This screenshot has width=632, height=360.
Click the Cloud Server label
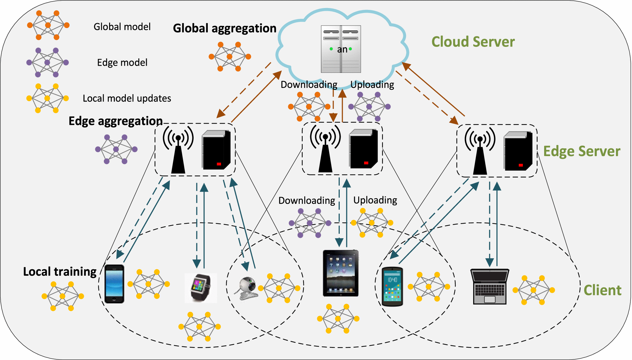pos(473,42)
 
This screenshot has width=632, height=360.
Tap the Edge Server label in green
pos(581,151)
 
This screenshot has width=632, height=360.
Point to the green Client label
pos(602,290)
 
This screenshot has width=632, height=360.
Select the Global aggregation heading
pos(224,28)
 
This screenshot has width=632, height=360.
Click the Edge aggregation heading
pos(116,121)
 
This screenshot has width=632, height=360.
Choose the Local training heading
pos(60,272)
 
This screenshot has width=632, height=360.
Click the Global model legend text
pos(122,27)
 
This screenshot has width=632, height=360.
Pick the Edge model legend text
pos(122,63)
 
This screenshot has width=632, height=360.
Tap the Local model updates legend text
pos(127,98)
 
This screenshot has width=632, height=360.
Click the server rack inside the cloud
pos(341,49)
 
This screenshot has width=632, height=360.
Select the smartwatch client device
pos(201,288)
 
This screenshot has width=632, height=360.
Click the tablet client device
pos(341,273)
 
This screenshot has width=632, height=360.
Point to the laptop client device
pos(490,287)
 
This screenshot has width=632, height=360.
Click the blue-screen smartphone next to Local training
pos(114,284)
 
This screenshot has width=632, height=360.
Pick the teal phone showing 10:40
pos(392,287)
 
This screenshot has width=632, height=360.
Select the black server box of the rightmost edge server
pos(518,151)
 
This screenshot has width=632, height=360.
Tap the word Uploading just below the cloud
pos(372,85)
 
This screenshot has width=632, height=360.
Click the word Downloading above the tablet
pos(306,201)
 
